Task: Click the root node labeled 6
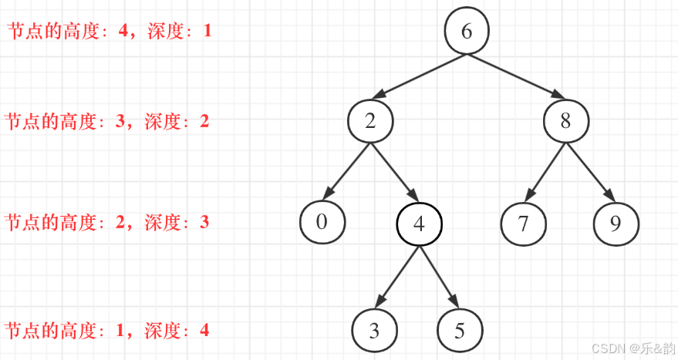coord(467,32)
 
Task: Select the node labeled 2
coord(370,121)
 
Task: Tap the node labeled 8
coord(566,121)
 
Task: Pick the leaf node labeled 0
coord(322,222)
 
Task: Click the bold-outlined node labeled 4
coord(419,224)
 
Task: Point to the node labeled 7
coord(523,224)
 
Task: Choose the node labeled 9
coord(616,224)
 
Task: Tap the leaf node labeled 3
coord(374,331)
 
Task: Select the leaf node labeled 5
coord(460,331)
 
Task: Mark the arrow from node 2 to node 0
coord(346,172)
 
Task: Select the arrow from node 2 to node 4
coord(395,172)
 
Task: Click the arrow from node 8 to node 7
coord(545,173)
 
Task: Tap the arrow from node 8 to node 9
coord(591,172)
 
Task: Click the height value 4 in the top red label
coord(123,32)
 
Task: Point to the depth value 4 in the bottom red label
coord(204,331)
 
